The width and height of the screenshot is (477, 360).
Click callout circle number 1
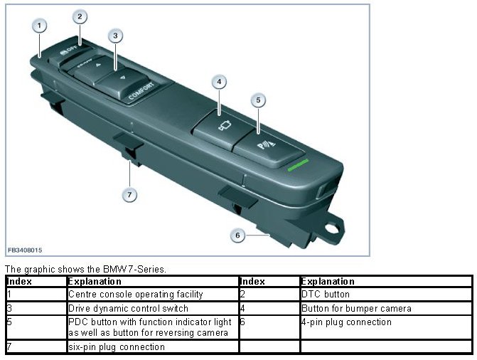tap(40, 26)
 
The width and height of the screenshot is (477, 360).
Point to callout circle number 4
tap(220, 82)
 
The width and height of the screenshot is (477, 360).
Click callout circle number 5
tap(259, 100)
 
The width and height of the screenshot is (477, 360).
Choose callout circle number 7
tap(129, 194)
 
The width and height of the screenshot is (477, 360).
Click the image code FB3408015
tap(25, 250)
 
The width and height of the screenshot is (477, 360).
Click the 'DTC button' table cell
tap(325, 293)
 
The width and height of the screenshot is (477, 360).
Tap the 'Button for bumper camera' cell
tap(355, 308)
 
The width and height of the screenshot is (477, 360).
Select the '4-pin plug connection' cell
tap(345, 322)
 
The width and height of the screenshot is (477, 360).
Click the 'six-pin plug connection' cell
tap(116, 347)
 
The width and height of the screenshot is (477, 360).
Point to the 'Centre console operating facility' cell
tap(135, 293)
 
